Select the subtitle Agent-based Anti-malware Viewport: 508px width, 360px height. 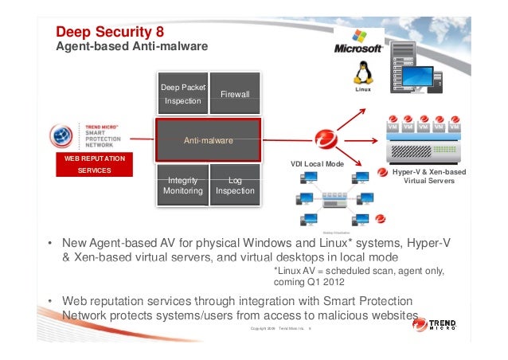[x=131, y=48]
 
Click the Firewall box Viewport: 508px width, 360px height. [x=235, y=94]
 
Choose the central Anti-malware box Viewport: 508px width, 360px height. [x=208, y=140]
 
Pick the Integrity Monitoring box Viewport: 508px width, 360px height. [x=182, y=186]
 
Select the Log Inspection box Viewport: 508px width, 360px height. [x=235, y=186]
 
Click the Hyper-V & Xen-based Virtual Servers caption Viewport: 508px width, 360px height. [x=429, y=176]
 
